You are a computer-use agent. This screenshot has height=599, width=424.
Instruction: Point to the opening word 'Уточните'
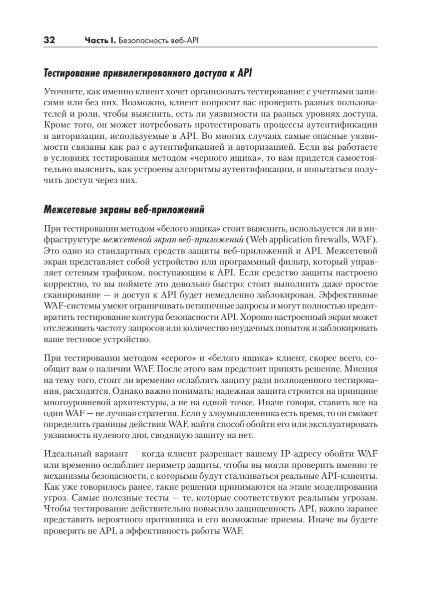coord(61,92)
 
